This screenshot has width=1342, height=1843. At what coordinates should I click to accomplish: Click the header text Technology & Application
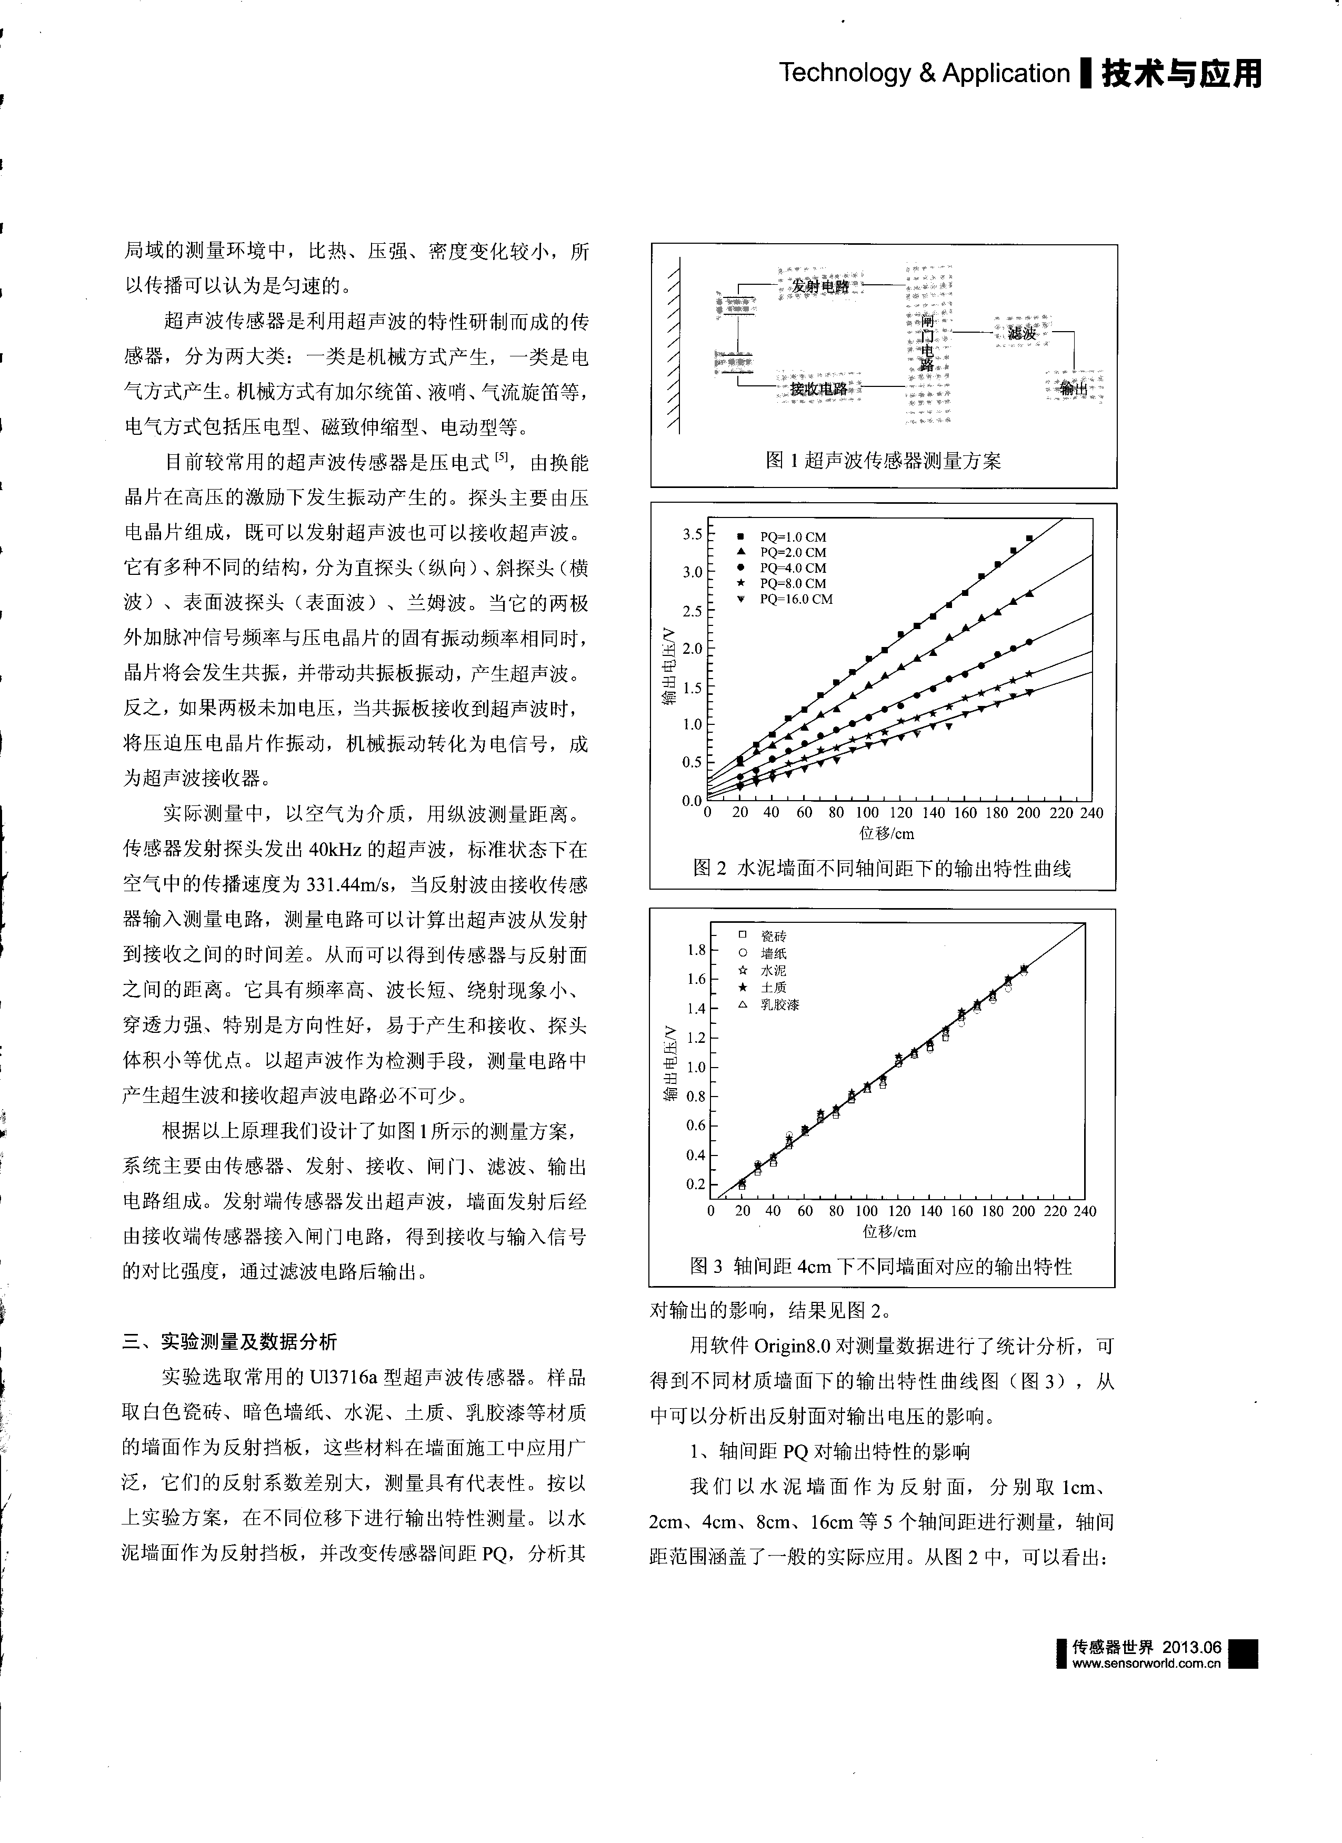coord(925,73)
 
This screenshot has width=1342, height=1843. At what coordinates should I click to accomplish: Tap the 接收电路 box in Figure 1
coord(819,389)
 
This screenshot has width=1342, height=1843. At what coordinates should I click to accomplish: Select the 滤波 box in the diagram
coord(1022,333)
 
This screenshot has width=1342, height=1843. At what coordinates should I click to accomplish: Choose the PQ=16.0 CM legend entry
coord(796,600)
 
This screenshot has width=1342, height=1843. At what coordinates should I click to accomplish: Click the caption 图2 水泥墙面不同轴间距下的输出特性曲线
coord(882,868)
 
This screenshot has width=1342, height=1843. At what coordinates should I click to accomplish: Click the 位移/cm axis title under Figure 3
coord(889,1232)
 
